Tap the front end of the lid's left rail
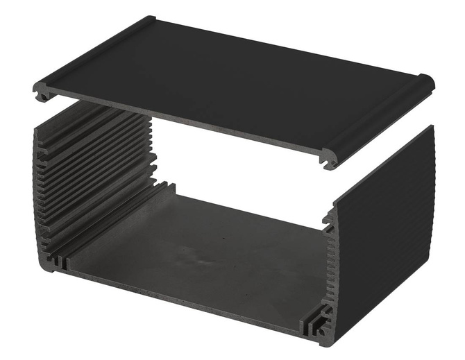[x=42, y=92]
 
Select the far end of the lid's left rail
[x=149, y=20]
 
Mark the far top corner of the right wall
[x=432, y=128]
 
